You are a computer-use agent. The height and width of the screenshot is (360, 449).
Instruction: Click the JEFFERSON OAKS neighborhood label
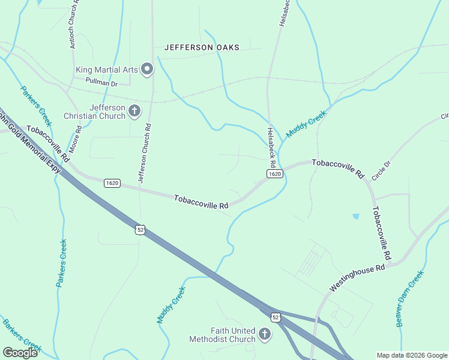click(202, 47)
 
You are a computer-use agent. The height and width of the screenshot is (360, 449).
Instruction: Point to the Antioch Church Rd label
click(73, 24)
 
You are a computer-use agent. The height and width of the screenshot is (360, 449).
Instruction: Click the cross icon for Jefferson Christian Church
click(134, 110)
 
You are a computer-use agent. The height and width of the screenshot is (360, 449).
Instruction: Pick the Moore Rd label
click(76, 139)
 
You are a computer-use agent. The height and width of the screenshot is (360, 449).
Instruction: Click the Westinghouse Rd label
click(357, 279)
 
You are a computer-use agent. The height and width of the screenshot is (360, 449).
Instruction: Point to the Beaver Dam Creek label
click(410, 298)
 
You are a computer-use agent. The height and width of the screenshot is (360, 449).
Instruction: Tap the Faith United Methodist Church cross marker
click(264, 333)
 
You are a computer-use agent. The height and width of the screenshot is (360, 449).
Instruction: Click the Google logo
click(20, 352)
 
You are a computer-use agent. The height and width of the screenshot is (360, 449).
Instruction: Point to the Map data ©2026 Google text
click(411, 355)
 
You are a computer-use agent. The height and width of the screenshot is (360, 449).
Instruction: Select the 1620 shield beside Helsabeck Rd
click(274, 174)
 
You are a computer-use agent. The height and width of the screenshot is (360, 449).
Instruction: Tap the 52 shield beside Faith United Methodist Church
click(275, 317)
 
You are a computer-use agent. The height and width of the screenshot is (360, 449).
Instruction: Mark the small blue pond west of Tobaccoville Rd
click(356, 216)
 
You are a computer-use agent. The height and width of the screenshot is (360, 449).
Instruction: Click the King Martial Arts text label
click(107, 70)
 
